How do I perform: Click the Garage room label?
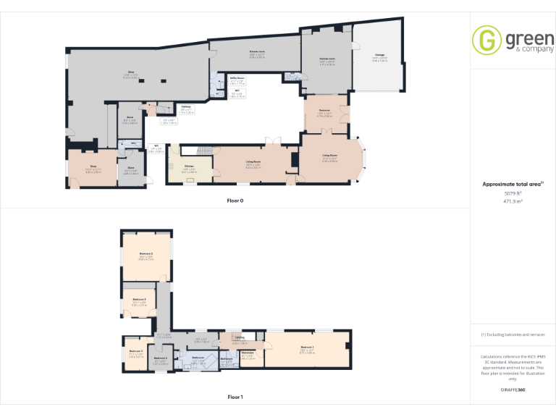pos(380,55)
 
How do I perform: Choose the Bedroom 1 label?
pos(307,349)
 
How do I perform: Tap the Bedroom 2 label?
pos(146,255)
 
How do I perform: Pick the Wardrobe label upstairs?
pos(247,355)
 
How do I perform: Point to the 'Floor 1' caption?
pos(235,397)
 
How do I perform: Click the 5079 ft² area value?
pos(513,193)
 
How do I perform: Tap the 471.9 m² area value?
pos(513,201)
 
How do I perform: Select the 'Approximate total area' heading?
pos(511,185)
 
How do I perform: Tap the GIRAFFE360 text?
pos(513,390)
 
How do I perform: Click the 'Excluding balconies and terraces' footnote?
pos(513,334)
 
